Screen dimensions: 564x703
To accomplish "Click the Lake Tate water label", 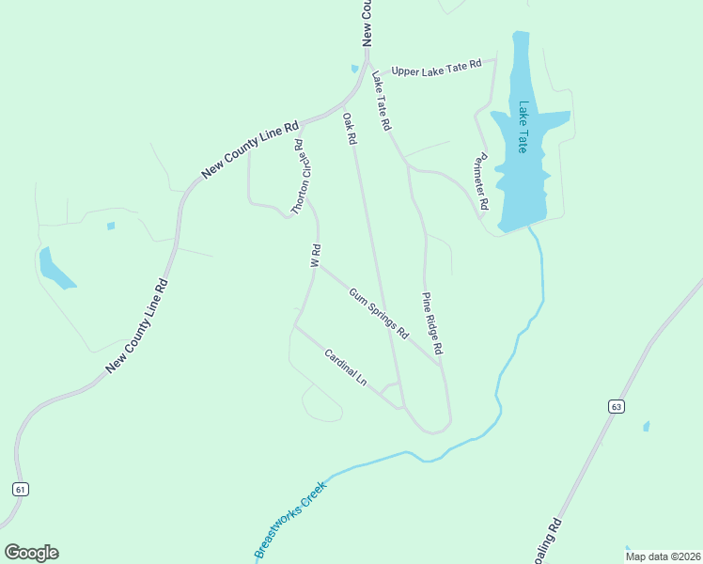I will [523, 127].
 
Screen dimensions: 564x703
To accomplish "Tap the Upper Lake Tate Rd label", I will [436, 68].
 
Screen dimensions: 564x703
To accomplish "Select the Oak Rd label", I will [350, 129].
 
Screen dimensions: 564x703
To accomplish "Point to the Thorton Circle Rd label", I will [299, 178].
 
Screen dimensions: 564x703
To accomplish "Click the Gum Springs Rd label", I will [379, 313].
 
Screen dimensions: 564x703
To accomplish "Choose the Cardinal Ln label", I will [345, 367].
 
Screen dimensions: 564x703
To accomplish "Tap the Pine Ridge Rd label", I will [431, 322].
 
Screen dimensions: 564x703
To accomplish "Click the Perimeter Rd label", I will [484, 180].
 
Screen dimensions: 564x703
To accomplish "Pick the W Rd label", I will [317, 256].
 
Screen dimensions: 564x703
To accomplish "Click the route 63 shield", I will [616, 406].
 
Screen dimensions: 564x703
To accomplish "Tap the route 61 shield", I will [21, 489].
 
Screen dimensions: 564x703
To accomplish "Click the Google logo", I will [31, 552].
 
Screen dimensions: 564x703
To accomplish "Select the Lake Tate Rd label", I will [381, 100].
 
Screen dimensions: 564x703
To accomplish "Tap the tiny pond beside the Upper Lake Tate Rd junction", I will [354, 68].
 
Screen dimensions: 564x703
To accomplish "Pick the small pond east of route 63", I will [646, 427].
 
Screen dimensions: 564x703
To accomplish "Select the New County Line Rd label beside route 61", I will [136, 325].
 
